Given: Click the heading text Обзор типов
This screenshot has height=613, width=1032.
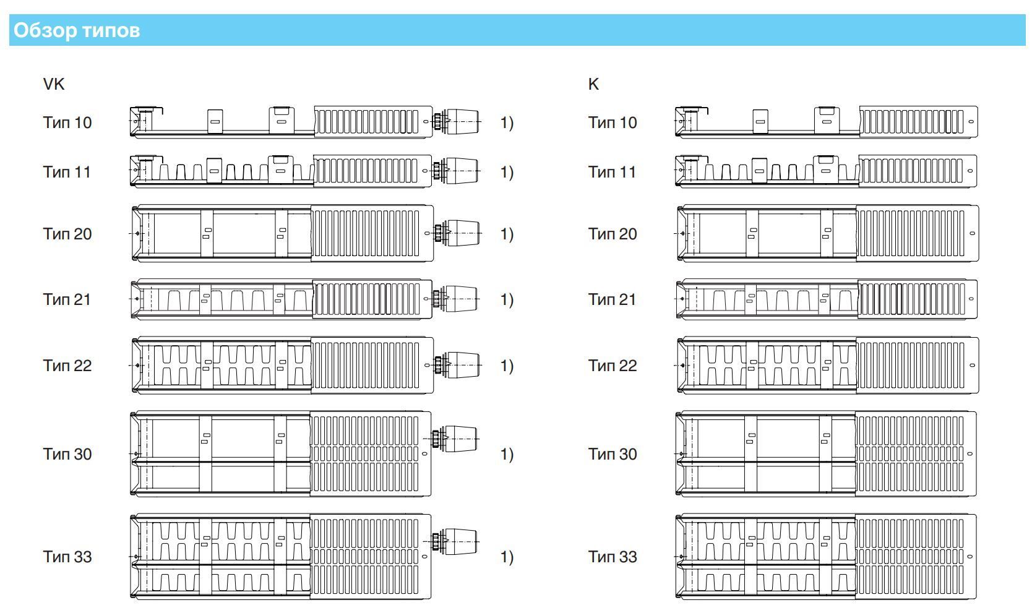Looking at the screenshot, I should (x=77, y=30).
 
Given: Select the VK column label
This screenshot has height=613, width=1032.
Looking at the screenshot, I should (x=54, y=84).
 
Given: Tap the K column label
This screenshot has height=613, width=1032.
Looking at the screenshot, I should (x=593, y=84).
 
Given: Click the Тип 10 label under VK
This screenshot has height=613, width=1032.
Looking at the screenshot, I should (x=67, y=122).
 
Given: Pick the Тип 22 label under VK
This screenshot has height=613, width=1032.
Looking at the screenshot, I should (x=67, y=366).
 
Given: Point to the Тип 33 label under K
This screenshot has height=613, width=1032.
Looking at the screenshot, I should (x=612, y=557).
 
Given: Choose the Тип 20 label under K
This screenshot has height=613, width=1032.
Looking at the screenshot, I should (x=612, y=234).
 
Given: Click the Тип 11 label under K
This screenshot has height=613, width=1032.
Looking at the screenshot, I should (x=612, y=172).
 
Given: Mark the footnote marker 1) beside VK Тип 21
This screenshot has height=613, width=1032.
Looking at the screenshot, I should (x=507, y=299).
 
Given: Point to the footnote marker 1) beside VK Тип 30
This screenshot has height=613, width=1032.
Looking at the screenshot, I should (x=507, y=454).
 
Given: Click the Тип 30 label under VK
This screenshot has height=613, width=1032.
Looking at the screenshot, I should (x=67, y=454).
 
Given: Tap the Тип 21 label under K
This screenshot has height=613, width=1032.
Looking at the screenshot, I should (x=612, y=299).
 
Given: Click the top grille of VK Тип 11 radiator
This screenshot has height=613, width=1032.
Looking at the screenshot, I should (x=366, y=171).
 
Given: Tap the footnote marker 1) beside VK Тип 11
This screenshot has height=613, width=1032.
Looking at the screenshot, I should (x=507, y=172).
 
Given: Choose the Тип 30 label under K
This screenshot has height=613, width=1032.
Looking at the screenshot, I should (x=612, y=454).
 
